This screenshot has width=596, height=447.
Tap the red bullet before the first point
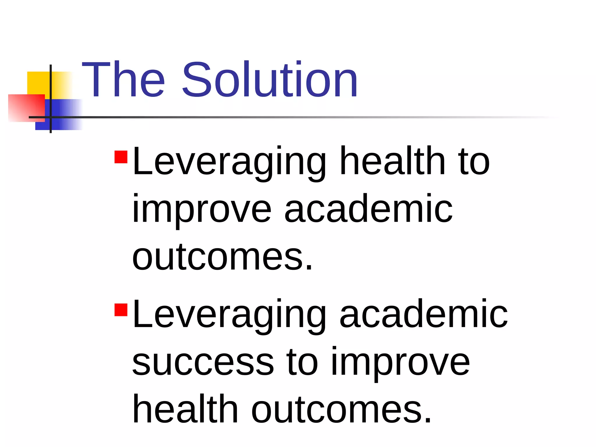(121, 157)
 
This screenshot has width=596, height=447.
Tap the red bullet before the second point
(121, 310)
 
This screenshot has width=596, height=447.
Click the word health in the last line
(185, 409)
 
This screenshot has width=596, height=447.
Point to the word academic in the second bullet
(423, 314)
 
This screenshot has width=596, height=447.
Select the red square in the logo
(26, 108)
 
